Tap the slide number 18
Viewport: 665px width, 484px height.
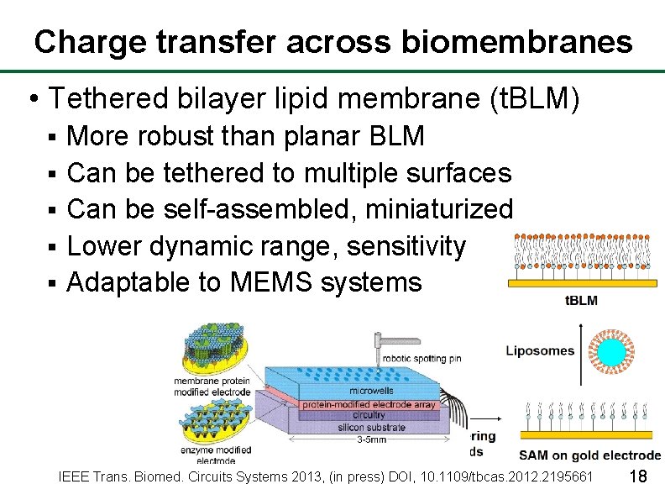(637, 476)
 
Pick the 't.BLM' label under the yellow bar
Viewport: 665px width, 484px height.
(581, 301)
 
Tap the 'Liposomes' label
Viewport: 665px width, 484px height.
(540, 351)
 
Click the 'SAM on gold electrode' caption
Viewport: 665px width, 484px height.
(589, 455)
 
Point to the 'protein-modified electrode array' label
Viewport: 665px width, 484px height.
(369, 404)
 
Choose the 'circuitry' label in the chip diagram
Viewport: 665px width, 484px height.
(369, 414)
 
